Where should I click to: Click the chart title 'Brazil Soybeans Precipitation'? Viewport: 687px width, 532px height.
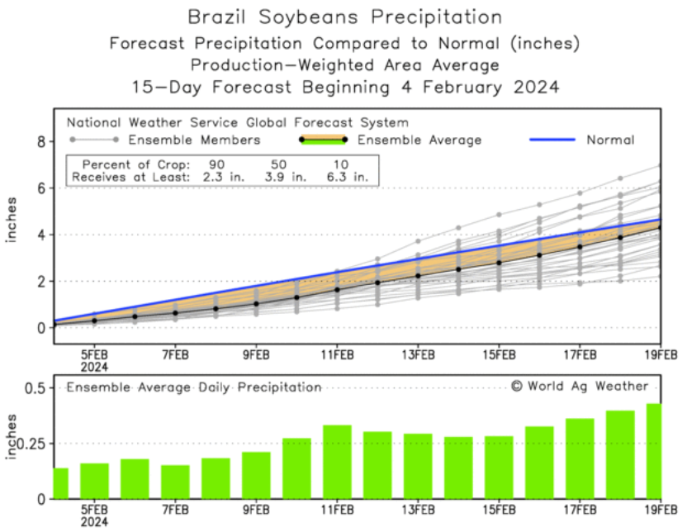pos(344,17)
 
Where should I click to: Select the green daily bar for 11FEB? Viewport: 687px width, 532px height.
pos(337,462)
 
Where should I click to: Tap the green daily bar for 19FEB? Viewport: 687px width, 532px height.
pos(652,451)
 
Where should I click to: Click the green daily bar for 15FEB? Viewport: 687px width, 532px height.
pos(499,468)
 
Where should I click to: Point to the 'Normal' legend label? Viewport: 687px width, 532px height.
pos(610,140)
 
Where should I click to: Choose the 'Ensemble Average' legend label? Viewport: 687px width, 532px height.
pos(431,140)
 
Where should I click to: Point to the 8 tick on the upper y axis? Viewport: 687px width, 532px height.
pos(38,142)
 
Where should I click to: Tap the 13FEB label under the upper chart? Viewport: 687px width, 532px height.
pos(418,355)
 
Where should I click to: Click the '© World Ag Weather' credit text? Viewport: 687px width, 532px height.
pos(580,386)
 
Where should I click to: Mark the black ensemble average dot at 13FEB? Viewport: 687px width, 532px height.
pos(418,276)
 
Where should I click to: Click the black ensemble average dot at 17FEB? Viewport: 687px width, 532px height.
pos(580,246)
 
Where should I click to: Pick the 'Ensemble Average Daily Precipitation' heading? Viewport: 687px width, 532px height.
pos(194,387)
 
